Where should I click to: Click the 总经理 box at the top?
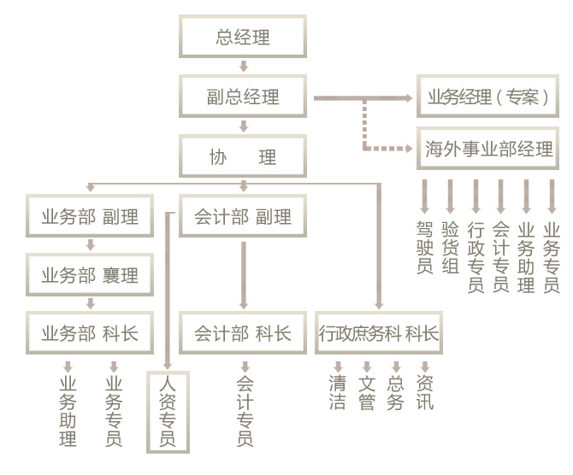click(244, 38)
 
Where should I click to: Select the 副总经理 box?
click(244, 97)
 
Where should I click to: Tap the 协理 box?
click(244, 157)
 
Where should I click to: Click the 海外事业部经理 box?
click(488, 149)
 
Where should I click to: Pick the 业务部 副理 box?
click(89, 217)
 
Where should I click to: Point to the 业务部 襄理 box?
click(89, 276)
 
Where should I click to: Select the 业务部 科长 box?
click(89, 332)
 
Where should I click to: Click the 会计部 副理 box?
click(244, 217)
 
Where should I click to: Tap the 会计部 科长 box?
click(244, 332)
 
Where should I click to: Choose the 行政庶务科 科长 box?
click(378, 332)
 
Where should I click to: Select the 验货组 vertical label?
click(450, 248)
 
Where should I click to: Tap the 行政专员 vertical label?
click(476, 257)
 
